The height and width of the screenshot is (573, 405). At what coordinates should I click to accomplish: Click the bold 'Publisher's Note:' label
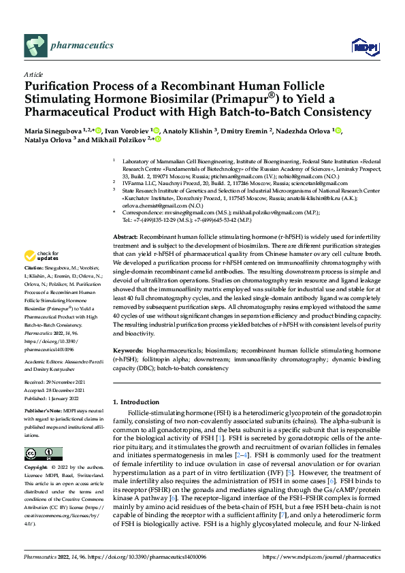(x=44, y=413)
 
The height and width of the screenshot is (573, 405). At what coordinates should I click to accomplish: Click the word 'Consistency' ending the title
(x=333, y=112)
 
